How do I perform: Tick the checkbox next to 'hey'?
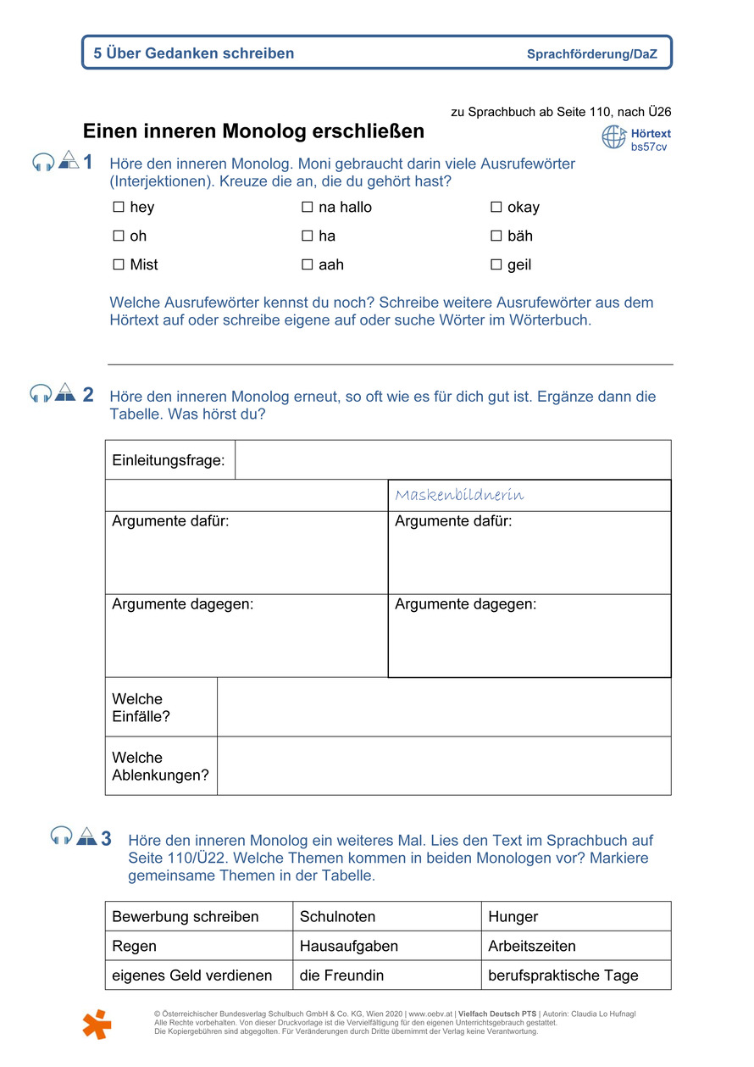click(119, 208)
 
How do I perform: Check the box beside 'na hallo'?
click(308, 208)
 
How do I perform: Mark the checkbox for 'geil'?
click(496, 265)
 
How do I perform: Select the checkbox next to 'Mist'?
click(119, 265)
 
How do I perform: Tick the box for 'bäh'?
click(496, 236)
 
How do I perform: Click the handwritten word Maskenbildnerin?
click(459, 495)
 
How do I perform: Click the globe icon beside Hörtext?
click(614, 136)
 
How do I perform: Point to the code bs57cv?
click(649, 147)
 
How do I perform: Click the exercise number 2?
click(88, 395)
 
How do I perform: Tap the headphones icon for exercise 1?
click(42, 163)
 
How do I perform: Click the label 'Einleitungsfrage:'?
click(169, 460)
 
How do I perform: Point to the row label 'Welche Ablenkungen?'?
click(161, 766)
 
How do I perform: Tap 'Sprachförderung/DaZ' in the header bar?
click(591, 54)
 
